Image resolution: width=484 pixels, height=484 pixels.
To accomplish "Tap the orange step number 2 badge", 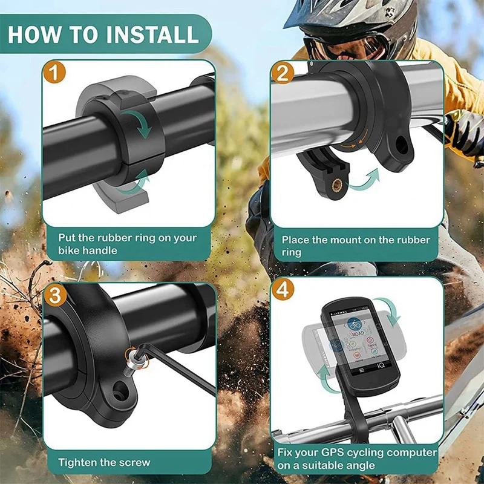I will pos(283,73).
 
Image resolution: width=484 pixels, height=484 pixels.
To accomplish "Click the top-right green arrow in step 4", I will pos(388,310).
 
